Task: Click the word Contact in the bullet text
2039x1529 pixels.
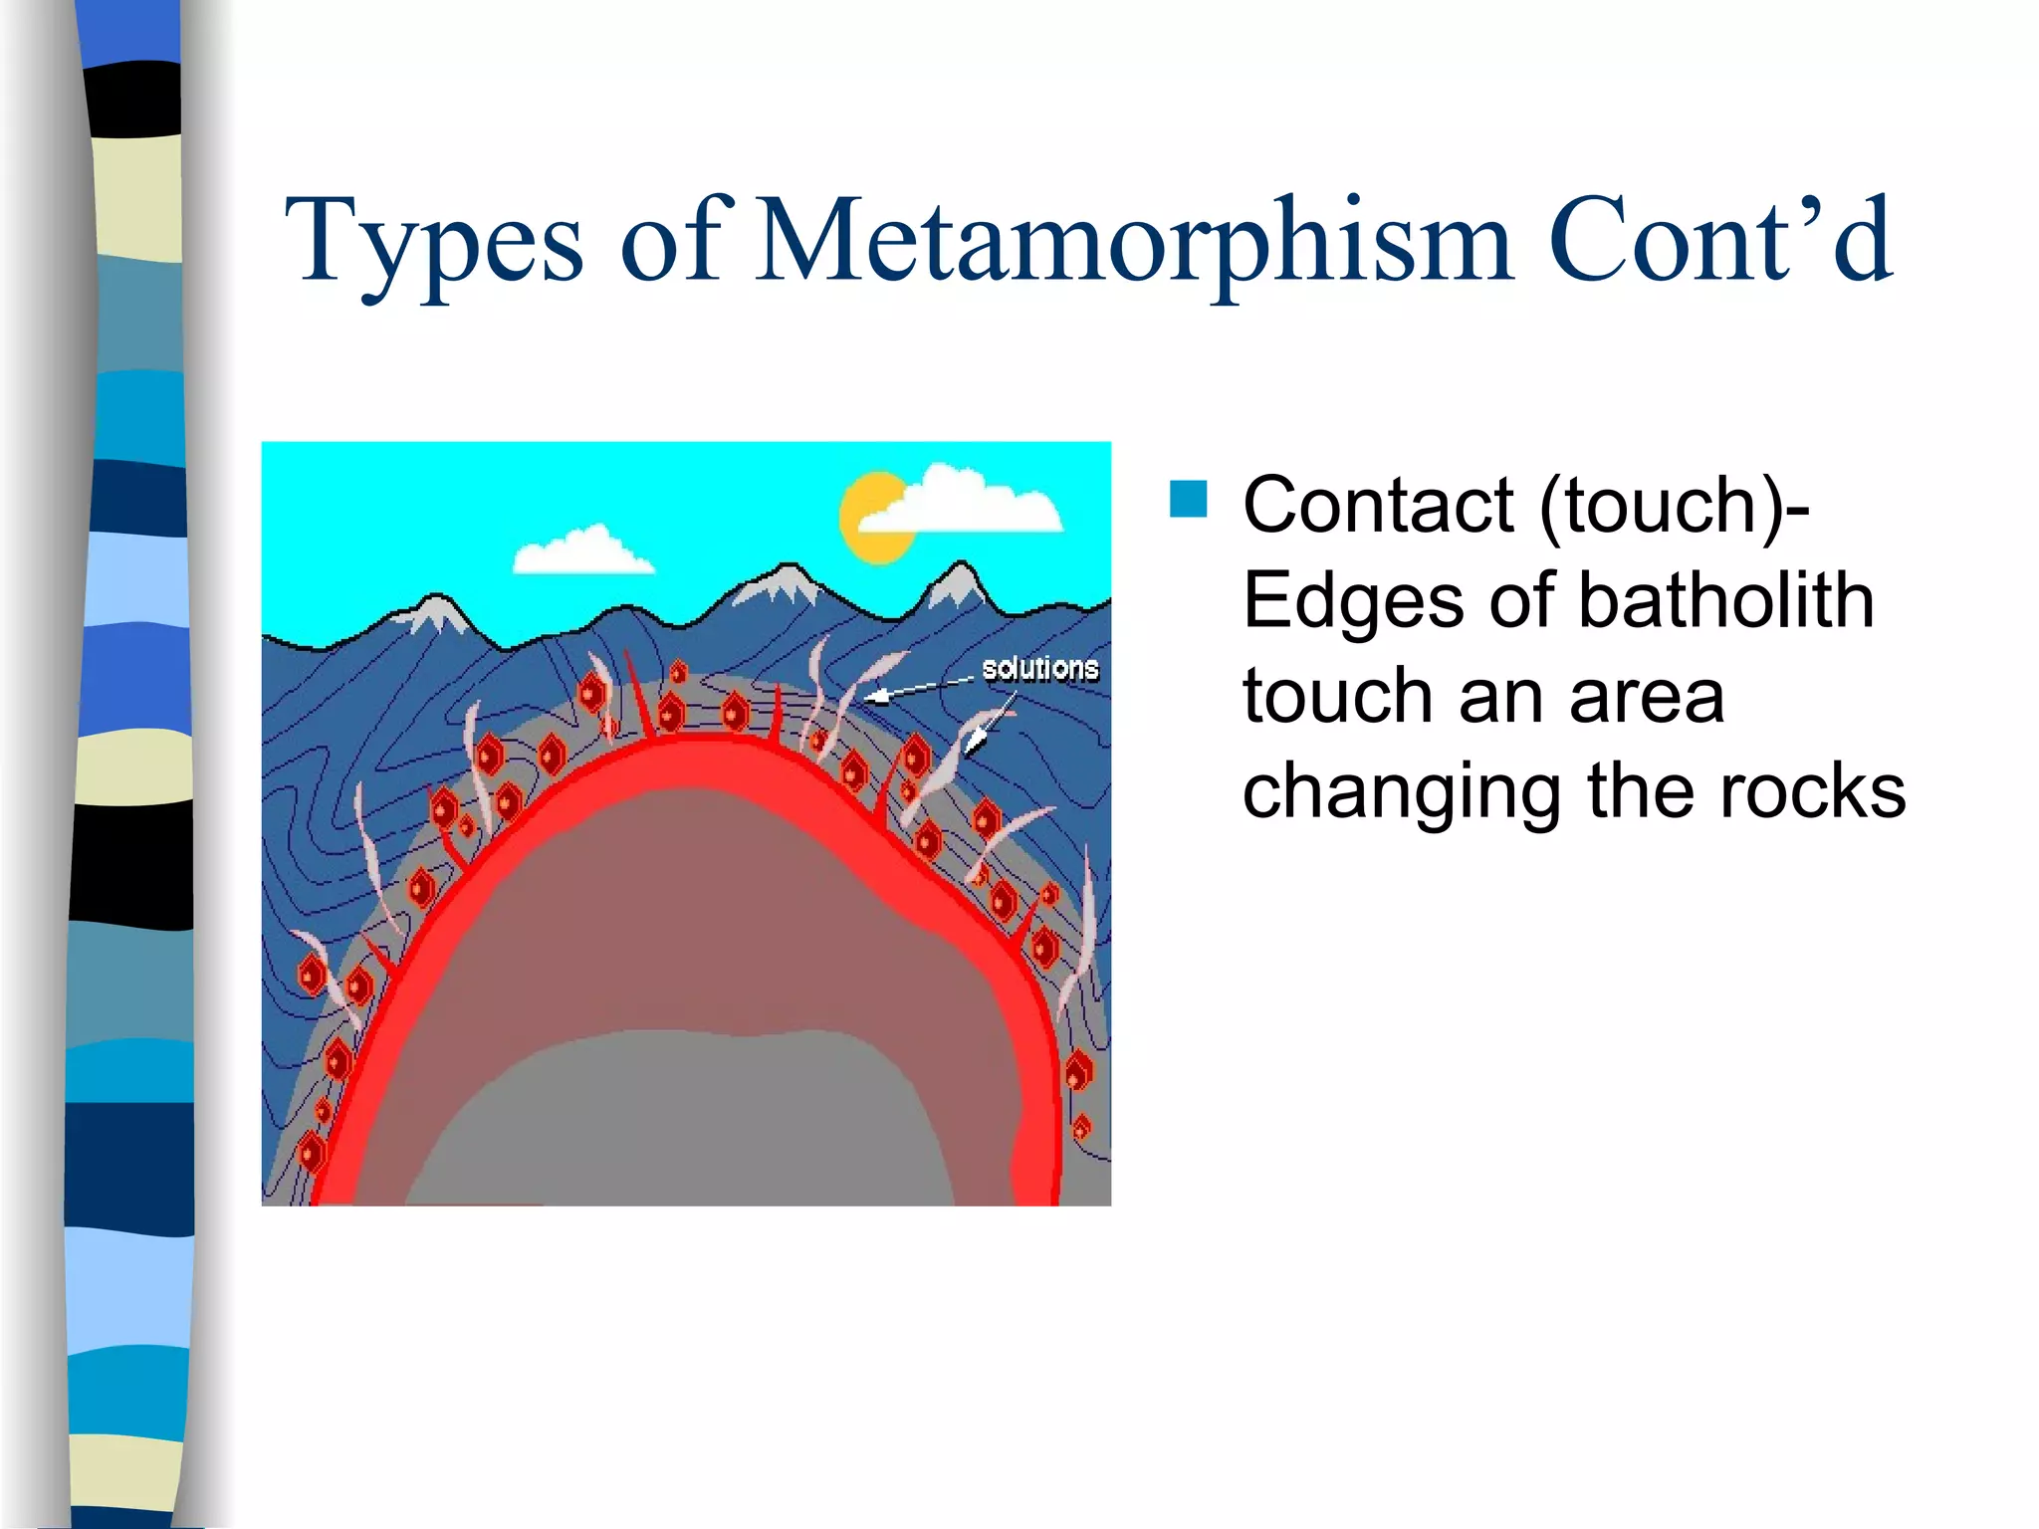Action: point(1379,506)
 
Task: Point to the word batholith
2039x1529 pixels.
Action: point(1725,600)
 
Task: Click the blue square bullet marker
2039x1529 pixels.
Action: point(1188,500)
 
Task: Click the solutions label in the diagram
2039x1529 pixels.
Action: point(1039,668)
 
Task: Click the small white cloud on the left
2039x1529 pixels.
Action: point(581,551)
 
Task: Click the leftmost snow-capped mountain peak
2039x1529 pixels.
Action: point(435,612)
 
